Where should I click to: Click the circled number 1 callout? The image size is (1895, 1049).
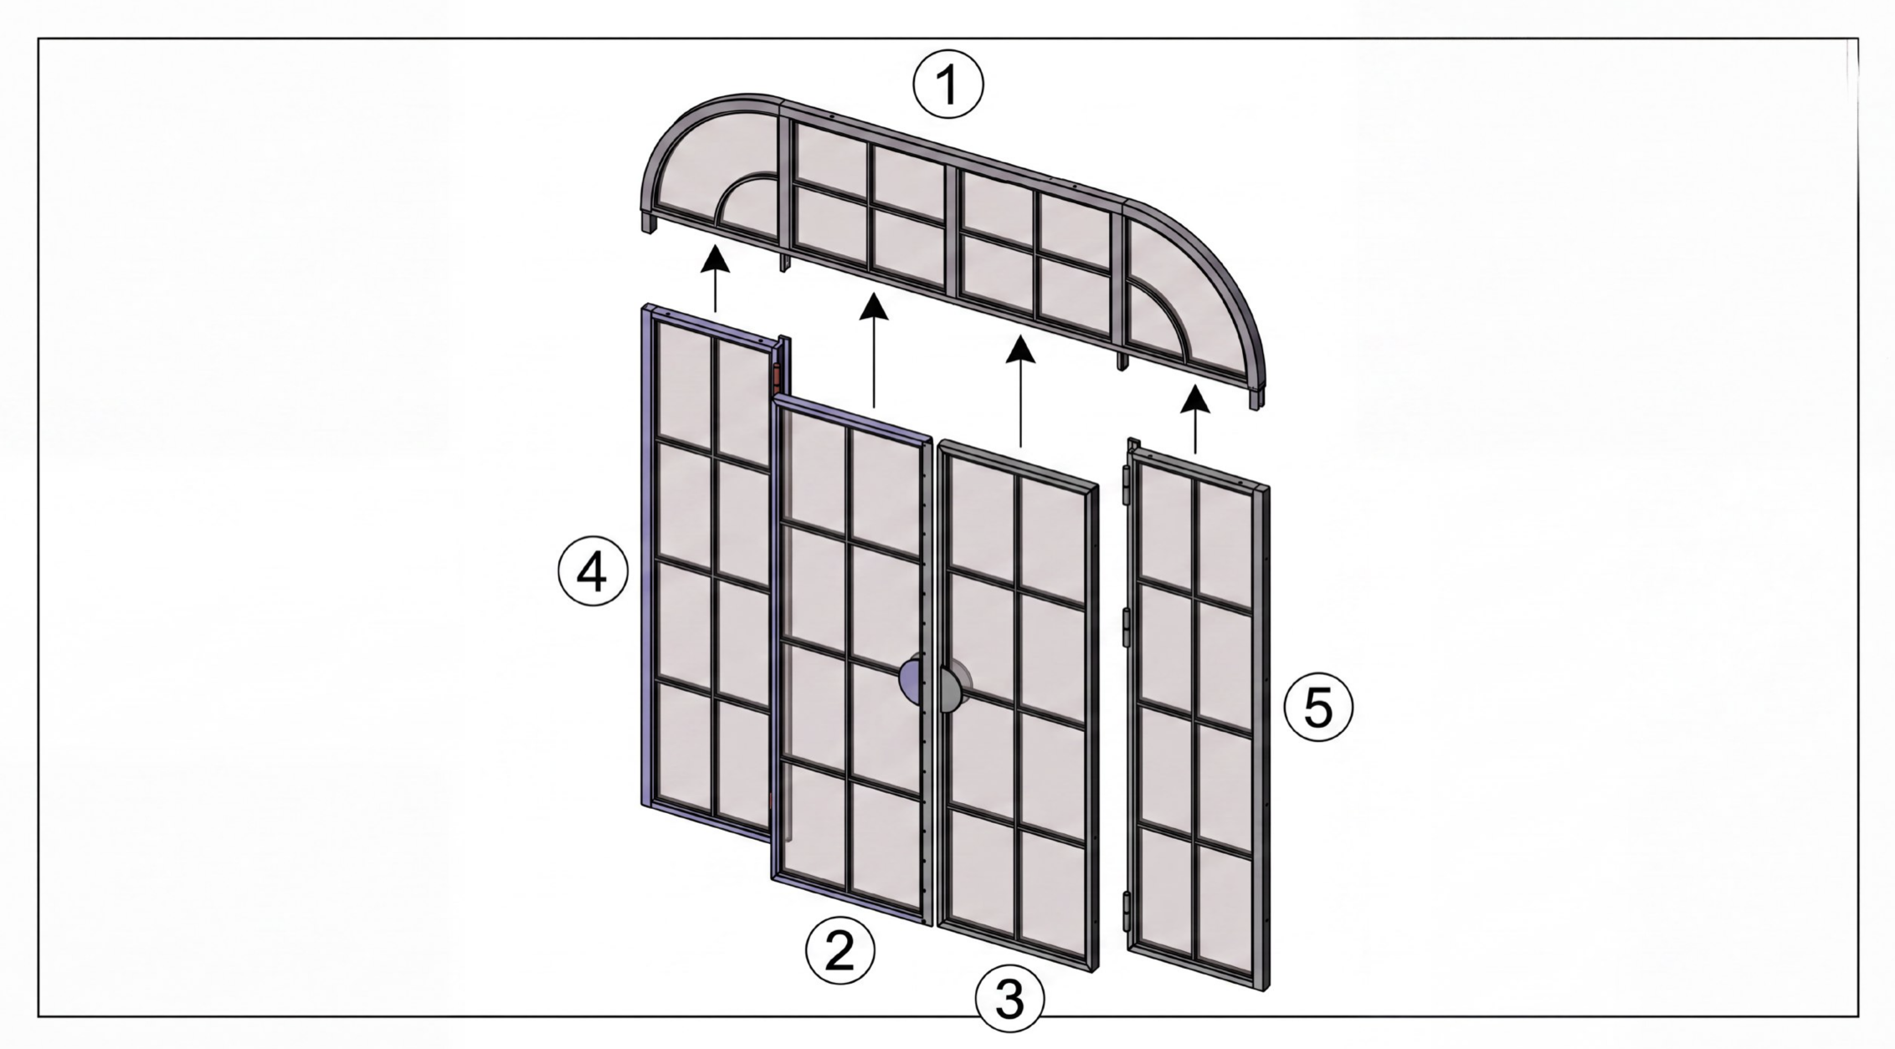coord(948,84)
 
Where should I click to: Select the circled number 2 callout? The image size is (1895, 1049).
coord(840,951)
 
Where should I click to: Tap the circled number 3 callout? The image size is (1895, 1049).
coord(1010,998)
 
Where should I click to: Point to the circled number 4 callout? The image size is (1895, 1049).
coord(593,575)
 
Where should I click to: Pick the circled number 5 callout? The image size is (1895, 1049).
coord(1318,708)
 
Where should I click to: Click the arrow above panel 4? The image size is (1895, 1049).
coord(715,279)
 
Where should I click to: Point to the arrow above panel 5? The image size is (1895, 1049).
coord(1195,420)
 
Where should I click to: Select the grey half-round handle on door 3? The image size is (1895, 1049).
coord(954,689)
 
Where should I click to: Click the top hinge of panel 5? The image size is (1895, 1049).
coord(1126,486)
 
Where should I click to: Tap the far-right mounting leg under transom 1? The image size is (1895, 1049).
coord(1256,399)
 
